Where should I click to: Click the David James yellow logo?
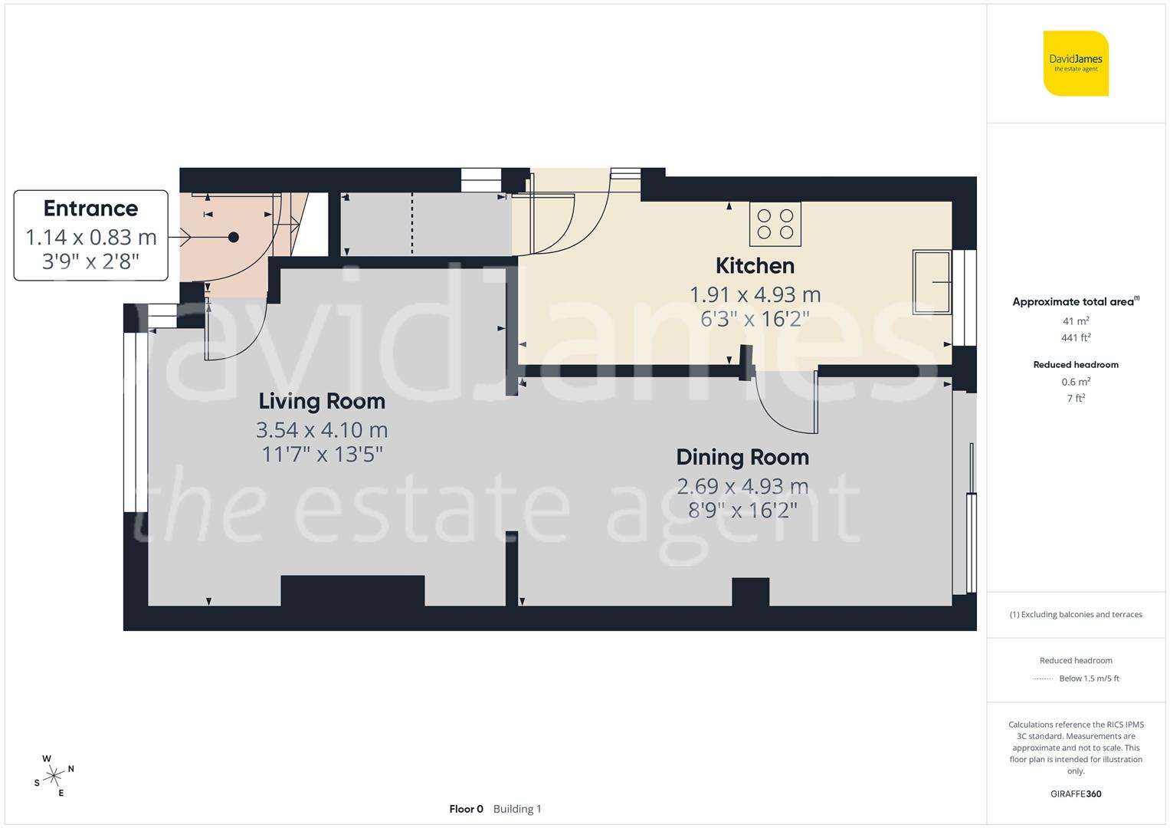(1076, 64)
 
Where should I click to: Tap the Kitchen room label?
(755, 266)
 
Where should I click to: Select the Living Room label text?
(322, 401)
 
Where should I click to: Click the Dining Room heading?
(742, 458)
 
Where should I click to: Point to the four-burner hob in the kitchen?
(775, 224)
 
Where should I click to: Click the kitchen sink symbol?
(931, 282)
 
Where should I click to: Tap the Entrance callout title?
(90, 209)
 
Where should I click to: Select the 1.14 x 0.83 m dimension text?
(90, 237)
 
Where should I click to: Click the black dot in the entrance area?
(234, 238)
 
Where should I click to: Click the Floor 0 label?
(466, 809)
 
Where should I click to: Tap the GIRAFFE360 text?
(1076, 793)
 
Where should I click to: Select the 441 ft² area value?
(1076, 337)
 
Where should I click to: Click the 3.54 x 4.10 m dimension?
(322, 430)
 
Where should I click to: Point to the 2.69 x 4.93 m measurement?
(742, 486)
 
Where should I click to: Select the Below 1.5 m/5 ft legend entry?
(1088, 678)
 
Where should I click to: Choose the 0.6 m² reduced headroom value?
(1076, 382)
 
